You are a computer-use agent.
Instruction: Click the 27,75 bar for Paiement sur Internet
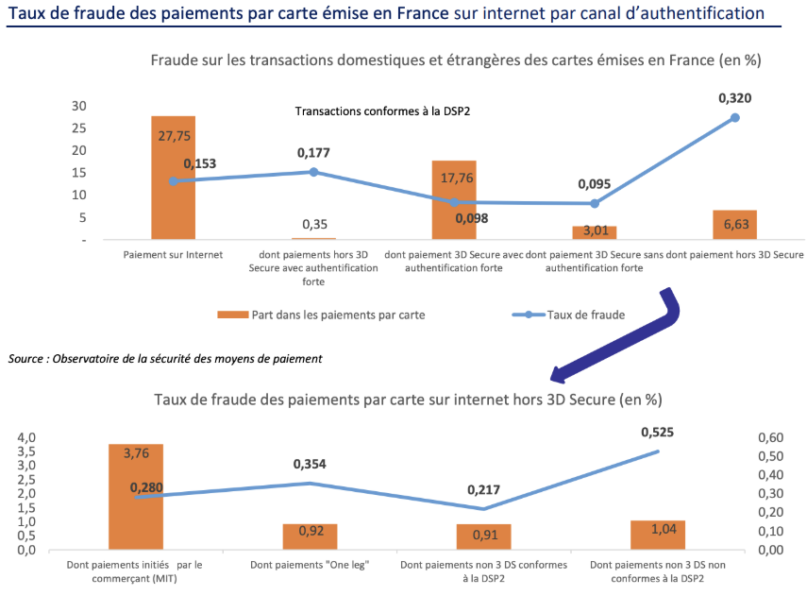pos(173,189)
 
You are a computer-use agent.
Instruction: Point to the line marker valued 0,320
pos(734,118)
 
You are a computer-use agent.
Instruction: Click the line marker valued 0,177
pos(313,172)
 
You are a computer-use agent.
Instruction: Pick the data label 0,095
pos(596,183)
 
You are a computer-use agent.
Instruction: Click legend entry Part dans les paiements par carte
pos(321,315)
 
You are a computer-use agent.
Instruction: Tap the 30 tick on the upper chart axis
pos(79,106)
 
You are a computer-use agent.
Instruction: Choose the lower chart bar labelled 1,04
pos(658,535)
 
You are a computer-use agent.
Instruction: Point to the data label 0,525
pos(658,432)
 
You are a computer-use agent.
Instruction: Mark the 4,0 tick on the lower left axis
pos(25,438)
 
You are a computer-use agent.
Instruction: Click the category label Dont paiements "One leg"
pos(310,565)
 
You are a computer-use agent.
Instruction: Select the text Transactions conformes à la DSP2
pos(383,111)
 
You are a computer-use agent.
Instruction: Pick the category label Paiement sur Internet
pos(173,255)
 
